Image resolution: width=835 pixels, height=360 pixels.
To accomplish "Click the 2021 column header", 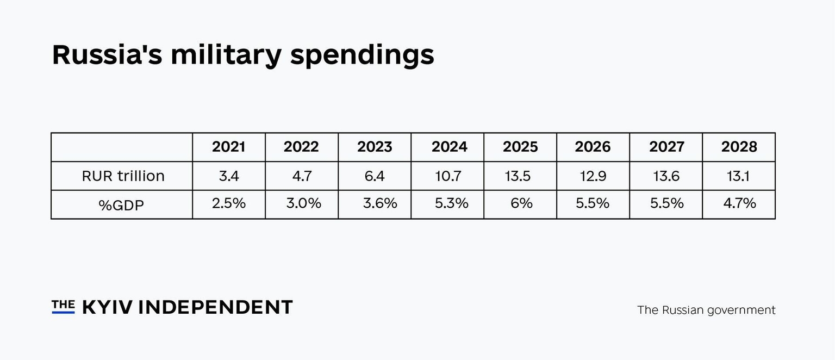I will [x=228, y=147].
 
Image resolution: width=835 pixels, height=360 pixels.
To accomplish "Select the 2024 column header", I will [x=449, y=147].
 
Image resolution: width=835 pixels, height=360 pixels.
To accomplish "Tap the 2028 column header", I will [x=739, y=147].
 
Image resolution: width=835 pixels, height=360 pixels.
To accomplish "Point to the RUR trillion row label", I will [x=123, y=176].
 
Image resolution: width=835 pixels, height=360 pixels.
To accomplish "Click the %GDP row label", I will [x=121, y=205].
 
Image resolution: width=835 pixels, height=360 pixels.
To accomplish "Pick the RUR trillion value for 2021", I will [x=229, y=176].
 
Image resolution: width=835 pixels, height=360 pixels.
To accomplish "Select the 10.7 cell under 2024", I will [x=448, y=176].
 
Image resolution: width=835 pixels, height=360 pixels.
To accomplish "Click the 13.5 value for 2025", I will [x=520, y=176].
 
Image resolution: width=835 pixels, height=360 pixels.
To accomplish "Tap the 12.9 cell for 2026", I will [x=593, y=176].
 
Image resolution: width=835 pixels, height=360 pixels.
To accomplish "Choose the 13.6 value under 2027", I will [x=666, y=176].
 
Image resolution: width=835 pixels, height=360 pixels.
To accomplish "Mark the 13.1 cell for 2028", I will [x=738, y=176].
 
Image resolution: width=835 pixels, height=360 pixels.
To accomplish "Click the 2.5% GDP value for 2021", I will [x=229, y=203].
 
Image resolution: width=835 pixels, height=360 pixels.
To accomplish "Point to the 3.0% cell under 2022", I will [x=303, y=203].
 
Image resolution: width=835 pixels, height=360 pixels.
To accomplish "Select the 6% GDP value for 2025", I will [x=521, y=203].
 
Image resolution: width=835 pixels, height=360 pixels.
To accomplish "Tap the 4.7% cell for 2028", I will [x=739, y=203].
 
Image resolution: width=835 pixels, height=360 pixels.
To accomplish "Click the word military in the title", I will [x=226, y=55].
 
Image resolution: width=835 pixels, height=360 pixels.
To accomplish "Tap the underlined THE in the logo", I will [x=63, y=306].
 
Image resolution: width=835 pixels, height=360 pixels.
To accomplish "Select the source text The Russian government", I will [x=706, y=310].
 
